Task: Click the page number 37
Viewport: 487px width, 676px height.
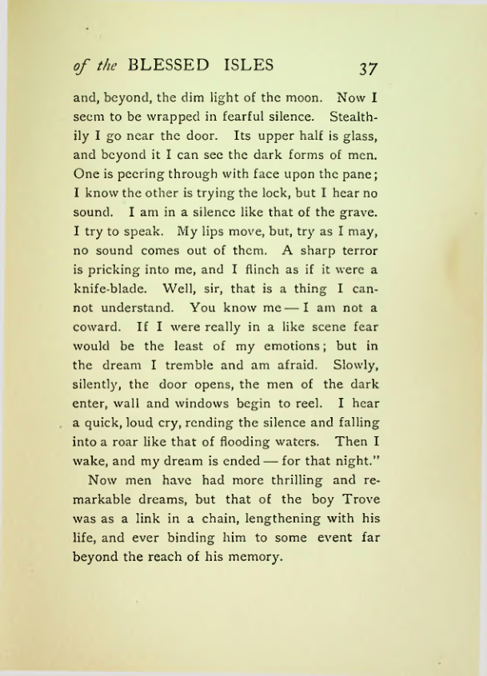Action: coord(369,67)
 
